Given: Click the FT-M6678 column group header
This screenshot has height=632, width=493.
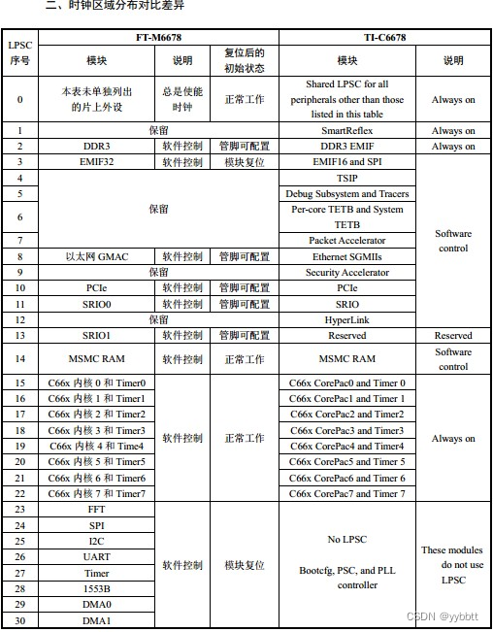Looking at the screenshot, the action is (x=158, y=37).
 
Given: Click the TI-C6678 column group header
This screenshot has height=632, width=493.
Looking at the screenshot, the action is (x=385, y=37).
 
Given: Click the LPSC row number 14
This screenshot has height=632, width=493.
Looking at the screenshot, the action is (x=19, y=359).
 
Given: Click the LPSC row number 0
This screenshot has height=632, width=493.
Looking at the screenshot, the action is (x=19, y=99).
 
